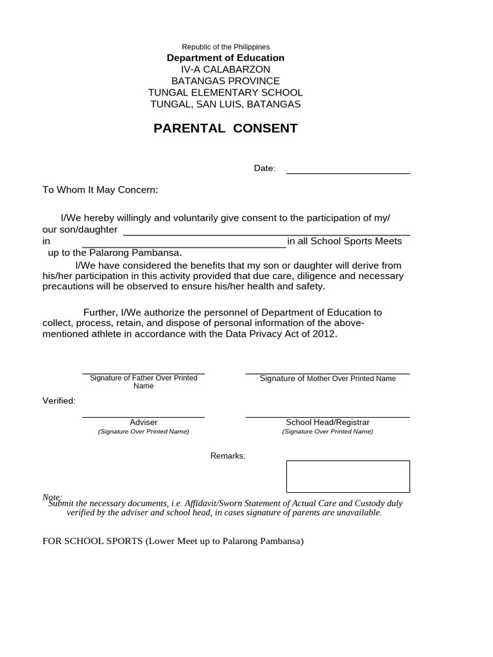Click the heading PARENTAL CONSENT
pyautogui.click(x=225, y=128)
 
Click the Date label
pyautogui.click(x=264, y=169)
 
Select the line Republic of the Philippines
pyautogui.click(x=225, y=47)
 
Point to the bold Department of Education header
pyautogui.click(x=225, y=58)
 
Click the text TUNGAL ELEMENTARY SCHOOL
pyautogui.click(x=225, y=92)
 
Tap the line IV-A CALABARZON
pyautogui.click(x=225, y=69)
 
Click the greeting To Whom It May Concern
pyautogui.click(x=100, y=190)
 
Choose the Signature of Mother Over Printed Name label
pyautogui.click(x=327, y=379)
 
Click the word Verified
pyautogui.click(x=59, y=401)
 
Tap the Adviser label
pyautogui.click(x=143, y=422)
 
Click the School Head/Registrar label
pyautogui.click(x=327, y=422)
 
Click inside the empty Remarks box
pyautogui.click(x=347, y=476)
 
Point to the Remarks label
pyautogui.click(x=228, y=456)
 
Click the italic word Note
pyautogui.click(x=51, y=497)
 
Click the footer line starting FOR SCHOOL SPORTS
pyautogui.click(x=173, y=541)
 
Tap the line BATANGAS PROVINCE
pyautogui.click(x=225, y=81)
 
